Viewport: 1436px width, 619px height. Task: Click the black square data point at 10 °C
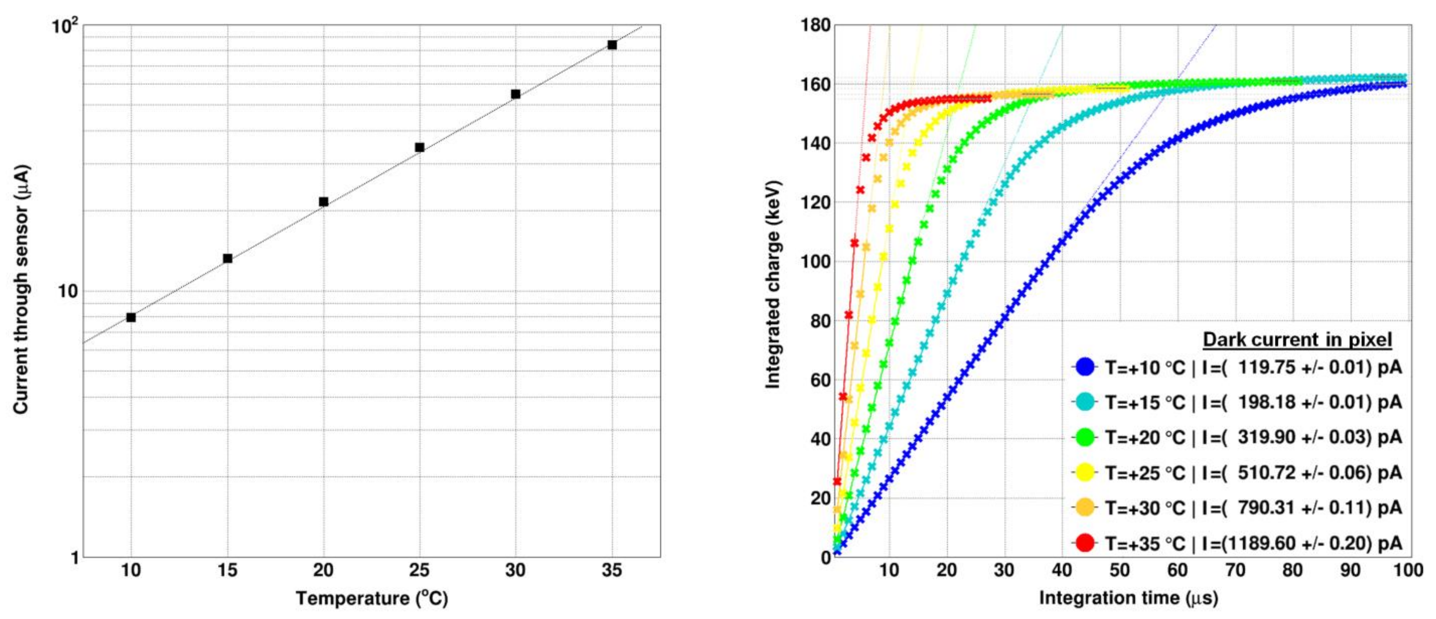131,317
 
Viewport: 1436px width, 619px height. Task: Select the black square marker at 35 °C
612,45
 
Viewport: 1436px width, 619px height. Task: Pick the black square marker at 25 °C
420,147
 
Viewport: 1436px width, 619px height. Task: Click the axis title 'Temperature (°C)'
372,598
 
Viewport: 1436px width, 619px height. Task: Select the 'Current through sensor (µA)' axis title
21,290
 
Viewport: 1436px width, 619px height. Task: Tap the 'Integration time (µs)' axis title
1128,598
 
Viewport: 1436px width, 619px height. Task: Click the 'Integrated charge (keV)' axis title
773,285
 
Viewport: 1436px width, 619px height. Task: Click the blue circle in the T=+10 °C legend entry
1085,367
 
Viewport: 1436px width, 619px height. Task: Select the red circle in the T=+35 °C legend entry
1085,543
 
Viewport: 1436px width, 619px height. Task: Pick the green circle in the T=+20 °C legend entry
1085,437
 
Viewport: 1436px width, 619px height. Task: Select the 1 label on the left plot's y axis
75,558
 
